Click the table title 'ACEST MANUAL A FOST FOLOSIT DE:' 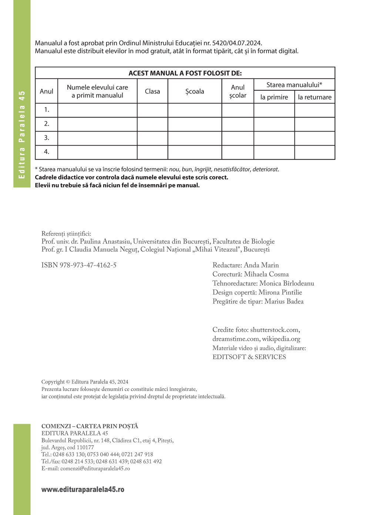coord(185,73)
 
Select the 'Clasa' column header coord(152,91)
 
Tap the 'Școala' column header coord(195,91)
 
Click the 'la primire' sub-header coord(274,97)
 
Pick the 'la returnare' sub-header coord(315,97)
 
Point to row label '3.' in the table coord(47,137)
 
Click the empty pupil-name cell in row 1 coord(97,110)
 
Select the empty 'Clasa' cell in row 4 coord(152,152)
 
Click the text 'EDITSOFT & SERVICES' coord(249,357)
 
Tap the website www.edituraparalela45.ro coord(83,489)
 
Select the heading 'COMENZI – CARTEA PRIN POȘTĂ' coord(90,426)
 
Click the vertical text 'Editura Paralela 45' coord(22,134)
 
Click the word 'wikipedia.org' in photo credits coord(281,339)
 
